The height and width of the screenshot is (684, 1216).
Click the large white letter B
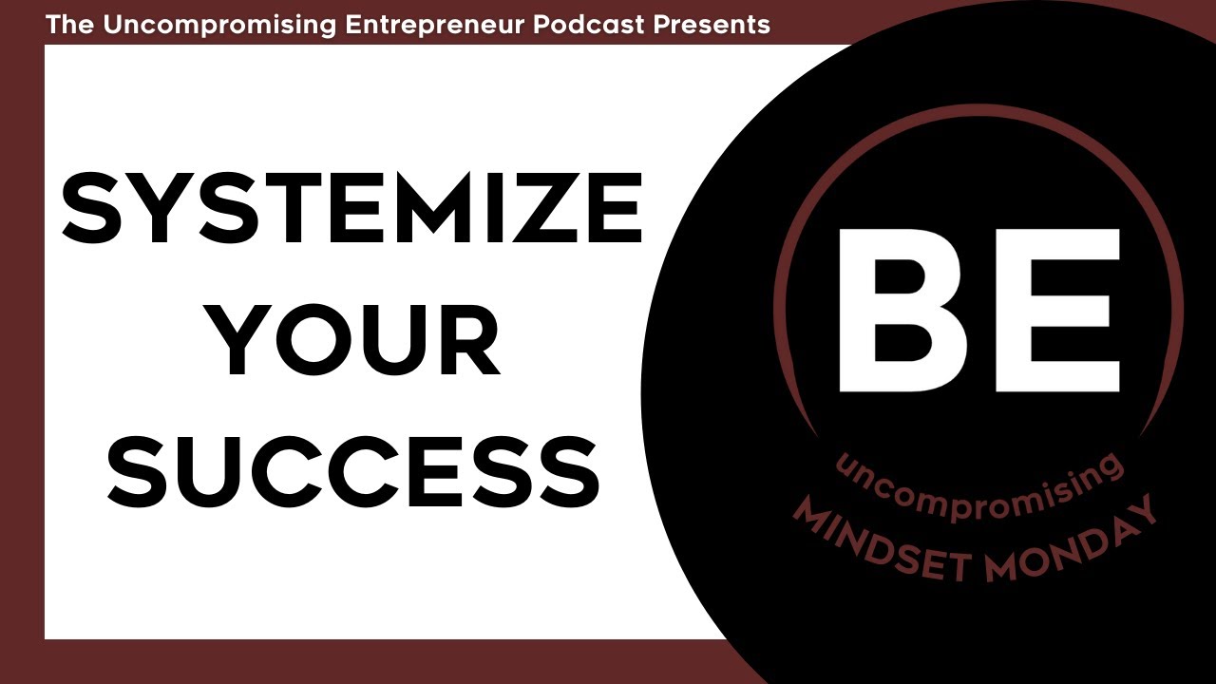click(x=912, y=310)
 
